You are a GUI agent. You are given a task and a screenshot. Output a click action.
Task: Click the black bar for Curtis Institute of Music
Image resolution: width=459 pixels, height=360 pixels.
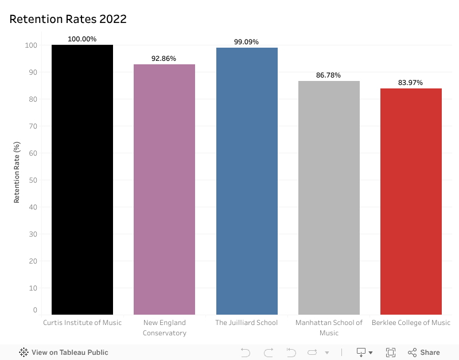click(82, 180)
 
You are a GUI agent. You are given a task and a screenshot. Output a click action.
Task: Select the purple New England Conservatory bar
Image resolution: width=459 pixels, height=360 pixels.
click(164, 189)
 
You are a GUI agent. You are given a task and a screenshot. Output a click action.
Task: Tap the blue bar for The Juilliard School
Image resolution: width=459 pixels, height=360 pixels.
click(247, 181)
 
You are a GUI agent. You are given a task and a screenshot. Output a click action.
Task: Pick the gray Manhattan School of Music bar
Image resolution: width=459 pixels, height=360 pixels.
click(329, 198)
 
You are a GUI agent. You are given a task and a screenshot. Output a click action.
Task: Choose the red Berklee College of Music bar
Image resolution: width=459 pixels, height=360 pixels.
click(411, 201)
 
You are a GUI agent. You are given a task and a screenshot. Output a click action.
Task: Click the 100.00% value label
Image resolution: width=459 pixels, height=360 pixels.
click(82, 39)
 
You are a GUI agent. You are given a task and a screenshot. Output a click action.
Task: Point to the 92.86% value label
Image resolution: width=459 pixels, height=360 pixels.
click(164, 59)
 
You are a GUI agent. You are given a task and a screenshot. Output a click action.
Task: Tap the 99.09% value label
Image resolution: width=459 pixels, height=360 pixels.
click(247, 42)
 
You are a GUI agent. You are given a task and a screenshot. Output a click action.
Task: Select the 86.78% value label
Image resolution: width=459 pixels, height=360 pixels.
click(329, 75)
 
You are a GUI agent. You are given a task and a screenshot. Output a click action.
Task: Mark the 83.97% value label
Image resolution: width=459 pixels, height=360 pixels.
click(411, 83)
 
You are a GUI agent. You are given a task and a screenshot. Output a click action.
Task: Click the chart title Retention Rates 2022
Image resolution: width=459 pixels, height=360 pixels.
click(68, 19)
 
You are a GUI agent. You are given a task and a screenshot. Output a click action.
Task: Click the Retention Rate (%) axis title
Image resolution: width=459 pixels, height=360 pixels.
click(17, 172)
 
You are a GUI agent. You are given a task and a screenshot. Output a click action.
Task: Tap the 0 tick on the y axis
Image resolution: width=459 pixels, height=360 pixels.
click(34, 310)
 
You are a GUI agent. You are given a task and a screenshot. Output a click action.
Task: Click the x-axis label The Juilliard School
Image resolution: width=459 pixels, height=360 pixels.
click(247, 323)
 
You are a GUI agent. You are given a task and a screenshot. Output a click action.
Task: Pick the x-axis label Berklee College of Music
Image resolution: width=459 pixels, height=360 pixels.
click(411, 323)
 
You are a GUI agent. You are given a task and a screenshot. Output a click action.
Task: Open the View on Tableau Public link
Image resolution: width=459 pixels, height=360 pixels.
click(64, 353)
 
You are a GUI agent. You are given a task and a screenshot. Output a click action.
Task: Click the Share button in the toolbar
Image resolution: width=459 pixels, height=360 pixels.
click(424, 353)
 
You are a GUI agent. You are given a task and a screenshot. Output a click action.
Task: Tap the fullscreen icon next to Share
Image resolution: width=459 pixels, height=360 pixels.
click(391, 353)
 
